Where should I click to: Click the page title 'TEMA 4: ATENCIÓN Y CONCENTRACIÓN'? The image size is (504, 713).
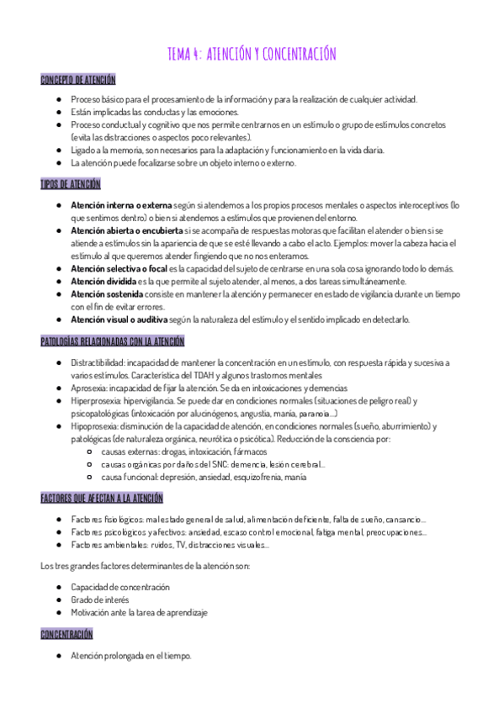point(252,54)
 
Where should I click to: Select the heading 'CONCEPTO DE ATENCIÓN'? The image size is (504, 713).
point(78,80)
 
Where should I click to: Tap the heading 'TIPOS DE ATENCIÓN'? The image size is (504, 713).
point(71,184)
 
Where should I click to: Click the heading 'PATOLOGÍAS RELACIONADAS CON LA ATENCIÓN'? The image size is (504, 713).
point(113,341)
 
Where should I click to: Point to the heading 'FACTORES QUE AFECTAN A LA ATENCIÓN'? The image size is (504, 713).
point(102,499)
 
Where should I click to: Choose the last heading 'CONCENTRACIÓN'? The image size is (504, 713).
point(66,634)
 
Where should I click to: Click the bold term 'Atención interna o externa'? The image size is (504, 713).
point(121,205)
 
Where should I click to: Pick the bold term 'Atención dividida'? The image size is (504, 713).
point(104,281)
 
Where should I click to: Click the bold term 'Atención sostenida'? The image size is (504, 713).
point(107,294)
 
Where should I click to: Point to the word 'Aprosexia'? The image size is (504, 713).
point(89,388)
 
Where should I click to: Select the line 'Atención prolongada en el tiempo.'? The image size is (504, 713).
point(131,655)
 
